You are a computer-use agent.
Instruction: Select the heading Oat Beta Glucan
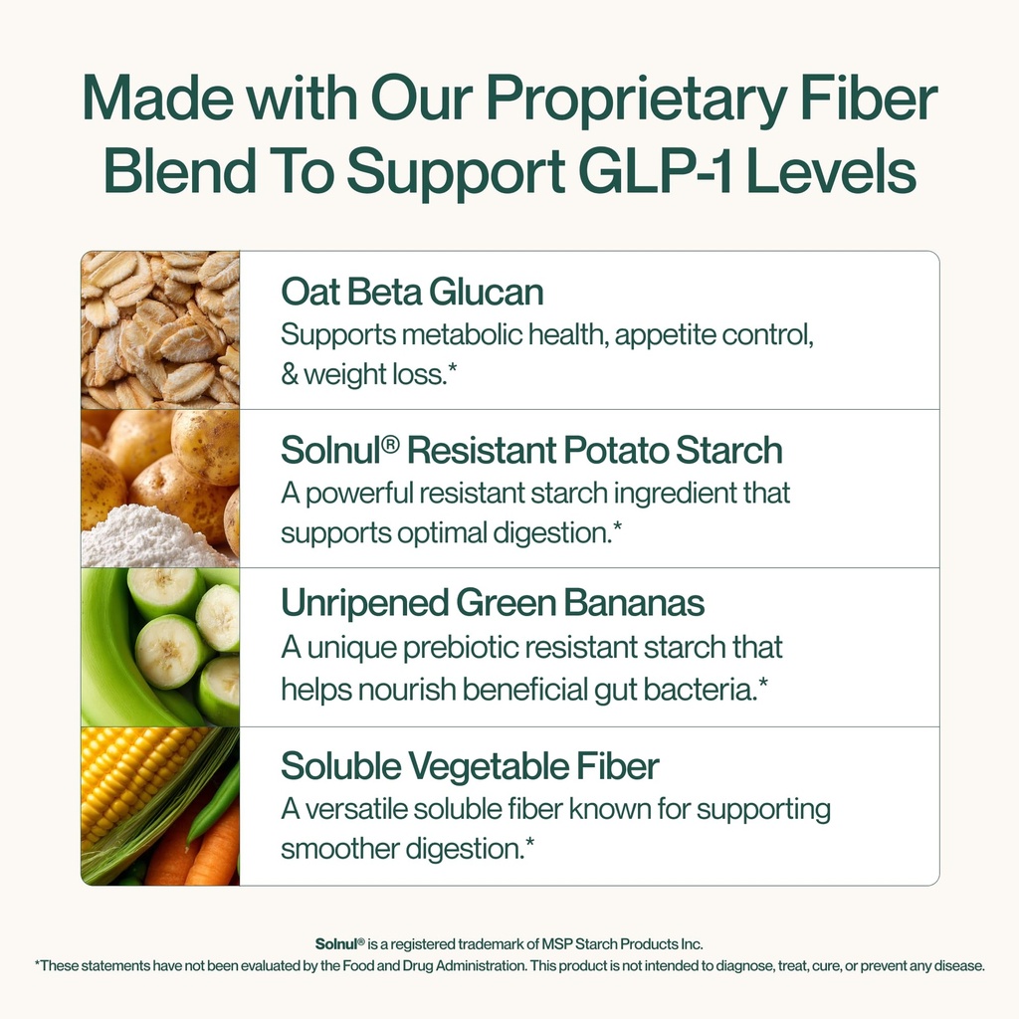[412, 293]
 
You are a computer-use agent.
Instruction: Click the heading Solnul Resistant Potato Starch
[531, 451]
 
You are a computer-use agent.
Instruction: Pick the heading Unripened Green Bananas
[493, 603]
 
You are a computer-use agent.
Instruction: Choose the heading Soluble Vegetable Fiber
[470, 767]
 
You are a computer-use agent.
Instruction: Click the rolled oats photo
[160, 328]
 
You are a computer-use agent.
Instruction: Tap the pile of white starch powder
[149, 539]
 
